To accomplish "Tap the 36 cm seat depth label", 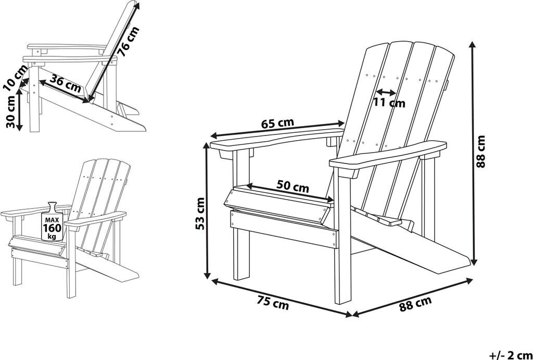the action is pyautogui.click(x=66, y=84).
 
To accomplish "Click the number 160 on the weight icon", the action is pyautogui.click(x=52, y=227).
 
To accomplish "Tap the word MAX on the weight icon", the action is pyautogui.click(x=52, y=220).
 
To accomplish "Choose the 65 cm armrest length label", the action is pyautogui.click(x=278, y=123).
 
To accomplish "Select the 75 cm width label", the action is pyautogui.click(x=273, y=303).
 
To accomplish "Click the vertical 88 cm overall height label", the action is pyautogui.click(x=480, y=152).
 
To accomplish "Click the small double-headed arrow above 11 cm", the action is pyautogui.click(x=386, y=92).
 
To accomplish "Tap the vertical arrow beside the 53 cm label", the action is pyautogui.click(x=206, y=210).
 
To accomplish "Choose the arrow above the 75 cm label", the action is pyautogui.click(x=282, y=297).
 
